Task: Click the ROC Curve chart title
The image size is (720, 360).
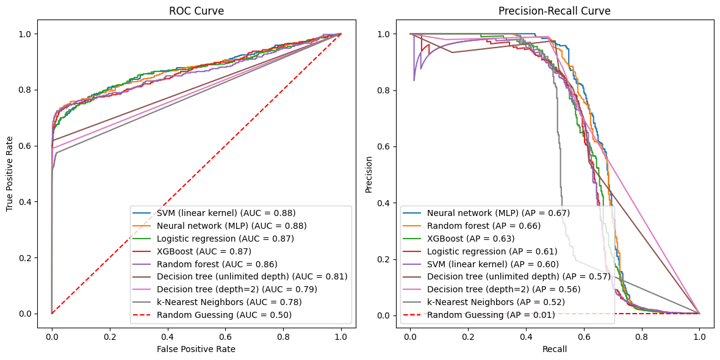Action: (x=196, y=11)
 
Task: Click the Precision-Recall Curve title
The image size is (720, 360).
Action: (x=554, y=11)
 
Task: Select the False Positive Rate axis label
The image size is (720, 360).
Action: (x=196, y=349)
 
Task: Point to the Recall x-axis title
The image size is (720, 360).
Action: (x=554, y=349)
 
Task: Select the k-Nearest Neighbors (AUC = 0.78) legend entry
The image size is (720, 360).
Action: (x=229, y=302)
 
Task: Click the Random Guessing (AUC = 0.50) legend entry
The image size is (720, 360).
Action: (x=224, y=315)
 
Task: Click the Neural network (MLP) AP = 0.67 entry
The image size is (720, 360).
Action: (x=499, y=213)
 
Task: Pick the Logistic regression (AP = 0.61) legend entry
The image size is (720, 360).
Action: (x=492, y=251)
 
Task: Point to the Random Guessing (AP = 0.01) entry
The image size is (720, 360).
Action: (x=491, y=315)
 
